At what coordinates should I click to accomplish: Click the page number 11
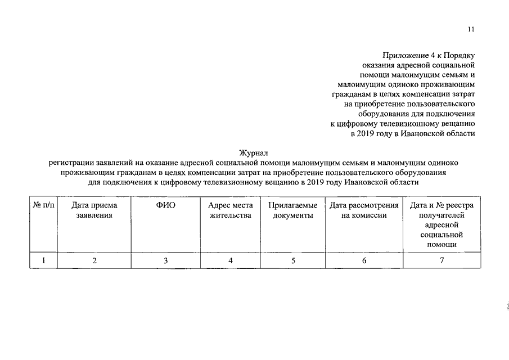pyautogui.click(x=471, y=30)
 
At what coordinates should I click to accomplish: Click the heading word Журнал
pyautogui.click(x=254, y=152)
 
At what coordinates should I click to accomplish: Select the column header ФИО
pyautogui.click(x=166, y=206)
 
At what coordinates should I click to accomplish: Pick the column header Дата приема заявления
pyautogui.click(x=94, y=210)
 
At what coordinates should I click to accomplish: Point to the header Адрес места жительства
pyautogui.click(x=230, y=210)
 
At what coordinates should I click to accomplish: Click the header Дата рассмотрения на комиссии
pyautogui.click(x=364, y=210)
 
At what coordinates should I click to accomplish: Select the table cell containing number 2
pyautogui.click(x=94, y=260)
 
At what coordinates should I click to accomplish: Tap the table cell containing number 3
pyautogui.click(x=166, y=260)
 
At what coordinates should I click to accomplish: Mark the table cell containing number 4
pyautogui.click(x=230, y=260)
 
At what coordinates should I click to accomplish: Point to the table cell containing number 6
pyautogui.click(x=364, y=260)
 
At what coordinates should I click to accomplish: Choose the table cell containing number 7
pyautogui.click(x=442, y=260)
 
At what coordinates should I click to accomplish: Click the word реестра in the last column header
pyautogui.click(x=460, y=206)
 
